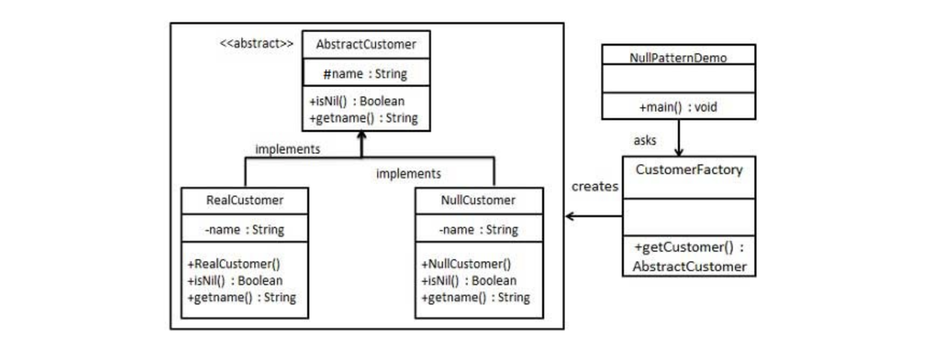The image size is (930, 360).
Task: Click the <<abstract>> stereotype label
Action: pyautogui.click(x=256, y=44)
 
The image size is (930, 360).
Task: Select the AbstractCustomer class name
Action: pyautogui.click(x=366, y=44)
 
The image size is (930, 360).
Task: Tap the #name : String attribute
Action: pyautogui.click(x=365, y=74)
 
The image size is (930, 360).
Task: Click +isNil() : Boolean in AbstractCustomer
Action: pyautogui.click(x=357, y=101)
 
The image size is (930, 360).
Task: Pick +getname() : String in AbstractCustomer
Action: pyautogui.click(x=363, y=118)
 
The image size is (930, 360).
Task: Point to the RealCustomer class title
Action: pyautogui.click(x=245, y=200)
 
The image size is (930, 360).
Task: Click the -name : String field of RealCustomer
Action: pyautogui.click(x=244, y=230)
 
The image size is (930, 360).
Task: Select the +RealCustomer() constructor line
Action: pyautogui.click(x=234, y=264)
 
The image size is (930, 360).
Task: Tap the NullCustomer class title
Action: pyautogui.click(x=478, y=200)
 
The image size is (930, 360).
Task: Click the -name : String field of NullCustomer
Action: pyautogui.click(x=478, y=230)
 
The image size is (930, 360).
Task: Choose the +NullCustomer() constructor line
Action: pyautogui.click(x=466, y=264)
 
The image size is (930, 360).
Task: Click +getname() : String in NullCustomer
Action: pyautogui.click(x=475, y=297)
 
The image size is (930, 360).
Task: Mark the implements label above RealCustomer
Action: pyautogui.click(x=287, y=149)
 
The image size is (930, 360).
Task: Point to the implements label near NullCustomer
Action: pyautogui.click(x=408, y=174)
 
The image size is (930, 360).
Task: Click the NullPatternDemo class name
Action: pyautogui.click(x=678, y=58)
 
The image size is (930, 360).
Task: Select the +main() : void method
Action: pyautogui.click(x=678, y=107)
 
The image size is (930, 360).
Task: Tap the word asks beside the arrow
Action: pyautogui.click(x=644, y=141)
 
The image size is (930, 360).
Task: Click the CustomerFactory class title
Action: pyautogui.click(x=689, y=170)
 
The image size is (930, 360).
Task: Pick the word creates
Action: pyautogui.click(x=594, y=186)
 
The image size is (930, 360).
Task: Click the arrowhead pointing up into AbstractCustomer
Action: pyautogui.click(x=362, y=136)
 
